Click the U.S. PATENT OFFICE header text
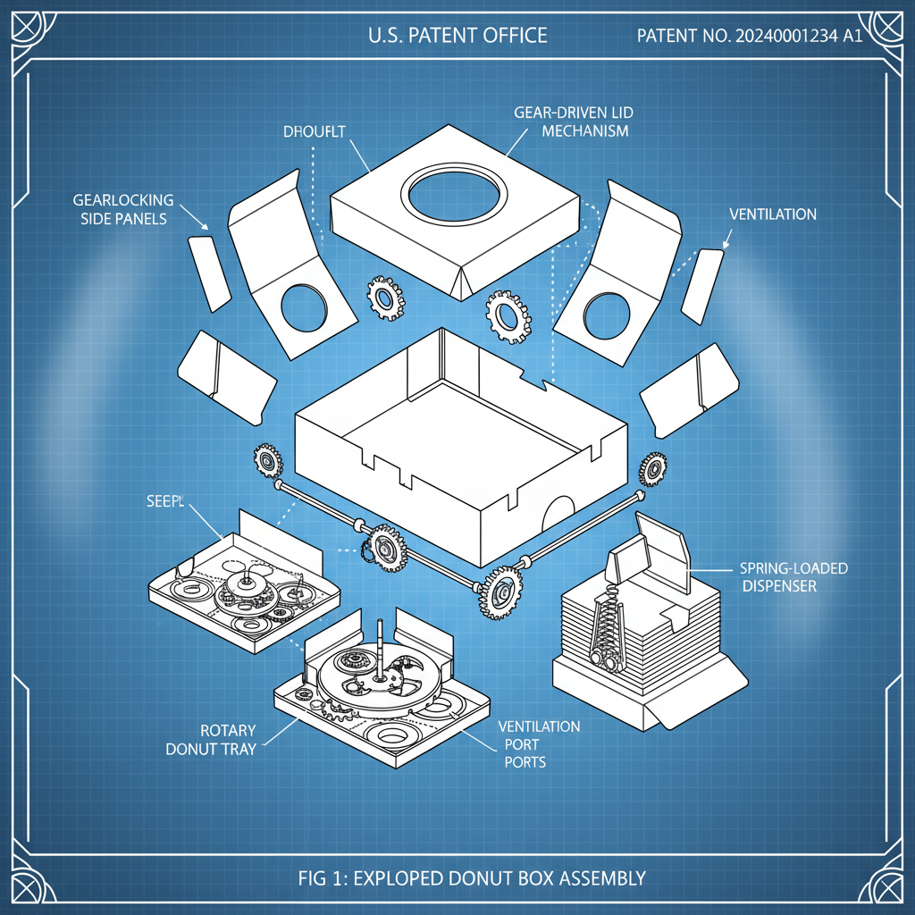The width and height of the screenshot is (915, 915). [x=457, y=36]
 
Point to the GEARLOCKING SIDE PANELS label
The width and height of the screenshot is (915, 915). [x=123, y=209]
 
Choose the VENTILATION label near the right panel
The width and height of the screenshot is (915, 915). [x=773, y=214]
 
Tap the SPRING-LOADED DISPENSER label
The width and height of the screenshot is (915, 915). [x=793, y=577]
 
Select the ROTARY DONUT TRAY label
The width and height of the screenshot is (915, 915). [x=211, y=739]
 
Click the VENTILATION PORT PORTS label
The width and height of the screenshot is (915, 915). [x=539, y=743]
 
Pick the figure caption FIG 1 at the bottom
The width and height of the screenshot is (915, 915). [x=472, y=877]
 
